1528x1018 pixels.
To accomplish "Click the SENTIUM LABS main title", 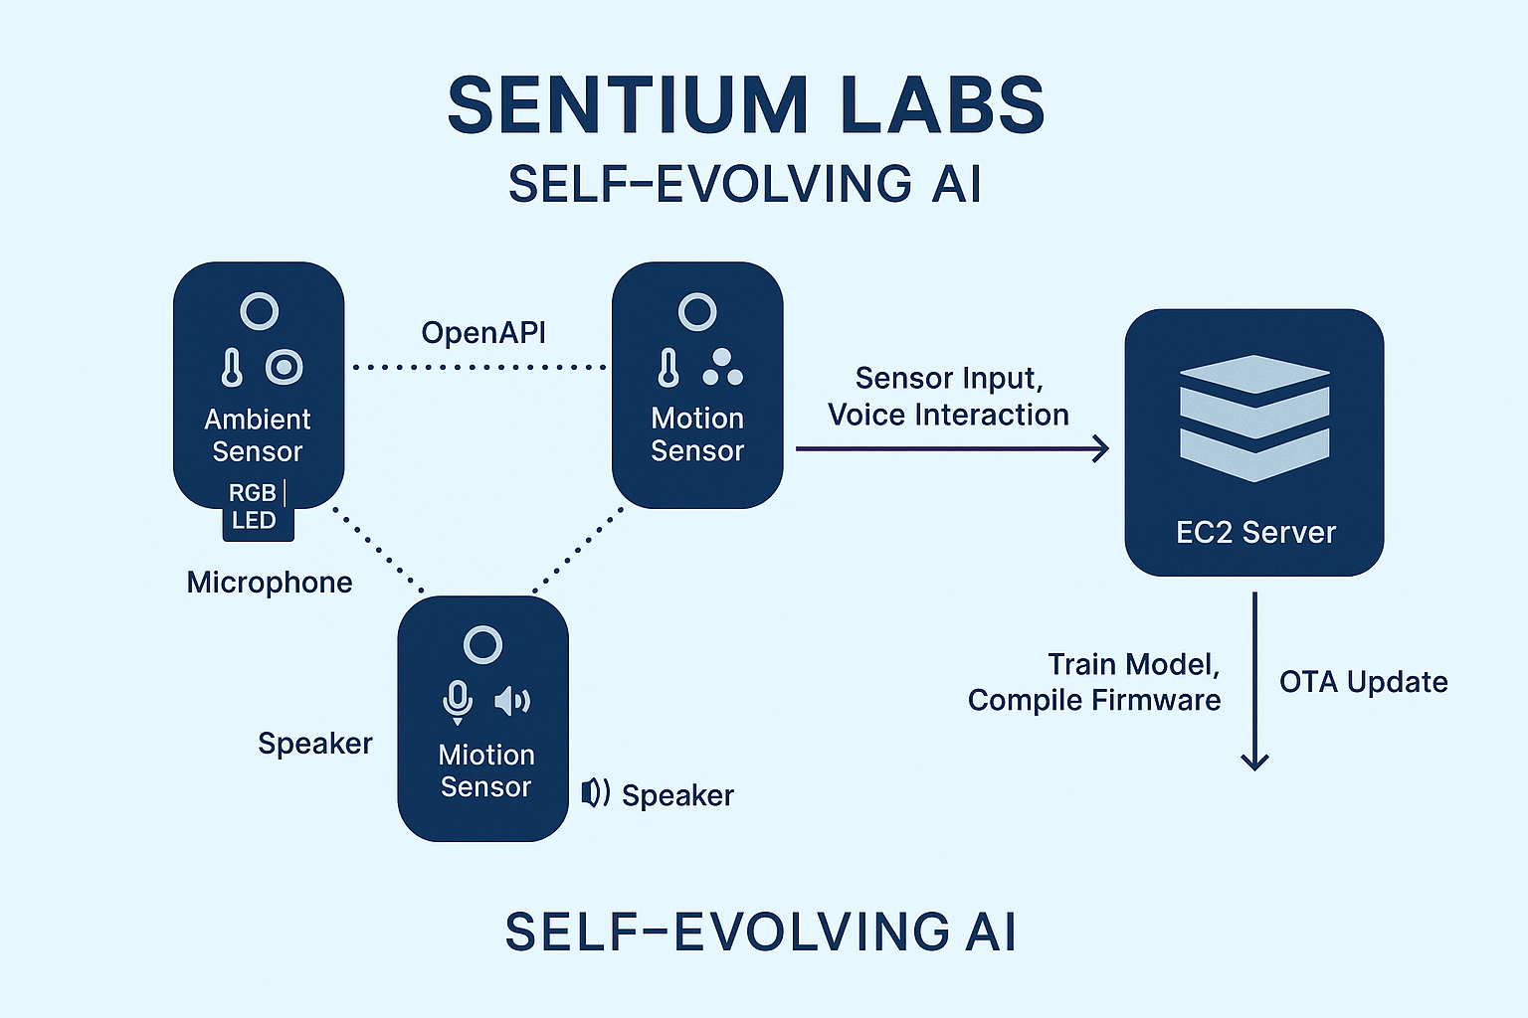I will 746,105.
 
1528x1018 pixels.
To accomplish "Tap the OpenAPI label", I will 483,332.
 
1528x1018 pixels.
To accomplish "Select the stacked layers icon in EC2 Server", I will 1254,419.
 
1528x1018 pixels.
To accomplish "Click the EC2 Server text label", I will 1255,533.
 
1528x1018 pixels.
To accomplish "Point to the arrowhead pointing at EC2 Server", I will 1102,449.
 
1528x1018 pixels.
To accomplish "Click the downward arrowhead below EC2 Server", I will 1255,761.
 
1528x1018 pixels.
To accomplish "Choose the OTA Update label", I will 1363,682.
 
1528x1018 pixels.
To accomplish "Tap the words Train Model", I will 1133,664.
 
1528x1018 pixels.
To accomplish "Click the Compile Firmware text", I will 1093,701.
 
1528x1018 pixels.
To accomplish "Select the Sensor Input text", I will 949,379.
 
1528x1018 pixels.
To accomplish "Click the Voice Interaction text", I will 948,415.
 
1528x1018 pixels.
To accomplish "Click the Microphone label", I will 270,583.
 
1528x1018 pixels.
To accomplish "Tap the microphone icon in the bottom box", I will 458,701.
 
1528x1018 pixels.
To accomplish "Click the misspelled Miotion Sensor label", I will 486,770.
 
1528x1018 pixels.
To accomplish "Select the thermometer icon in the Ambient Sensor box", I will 232,367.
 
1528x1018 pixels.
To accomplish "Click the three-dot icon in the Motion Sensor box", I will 723,368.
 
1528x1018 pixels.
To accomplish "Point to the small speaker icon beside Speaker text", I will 595,793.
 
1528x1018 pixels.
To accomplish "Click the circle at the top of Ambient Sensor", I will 260,311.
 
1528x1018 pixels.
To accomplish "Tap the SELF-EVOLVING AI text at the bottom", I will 760,933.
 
